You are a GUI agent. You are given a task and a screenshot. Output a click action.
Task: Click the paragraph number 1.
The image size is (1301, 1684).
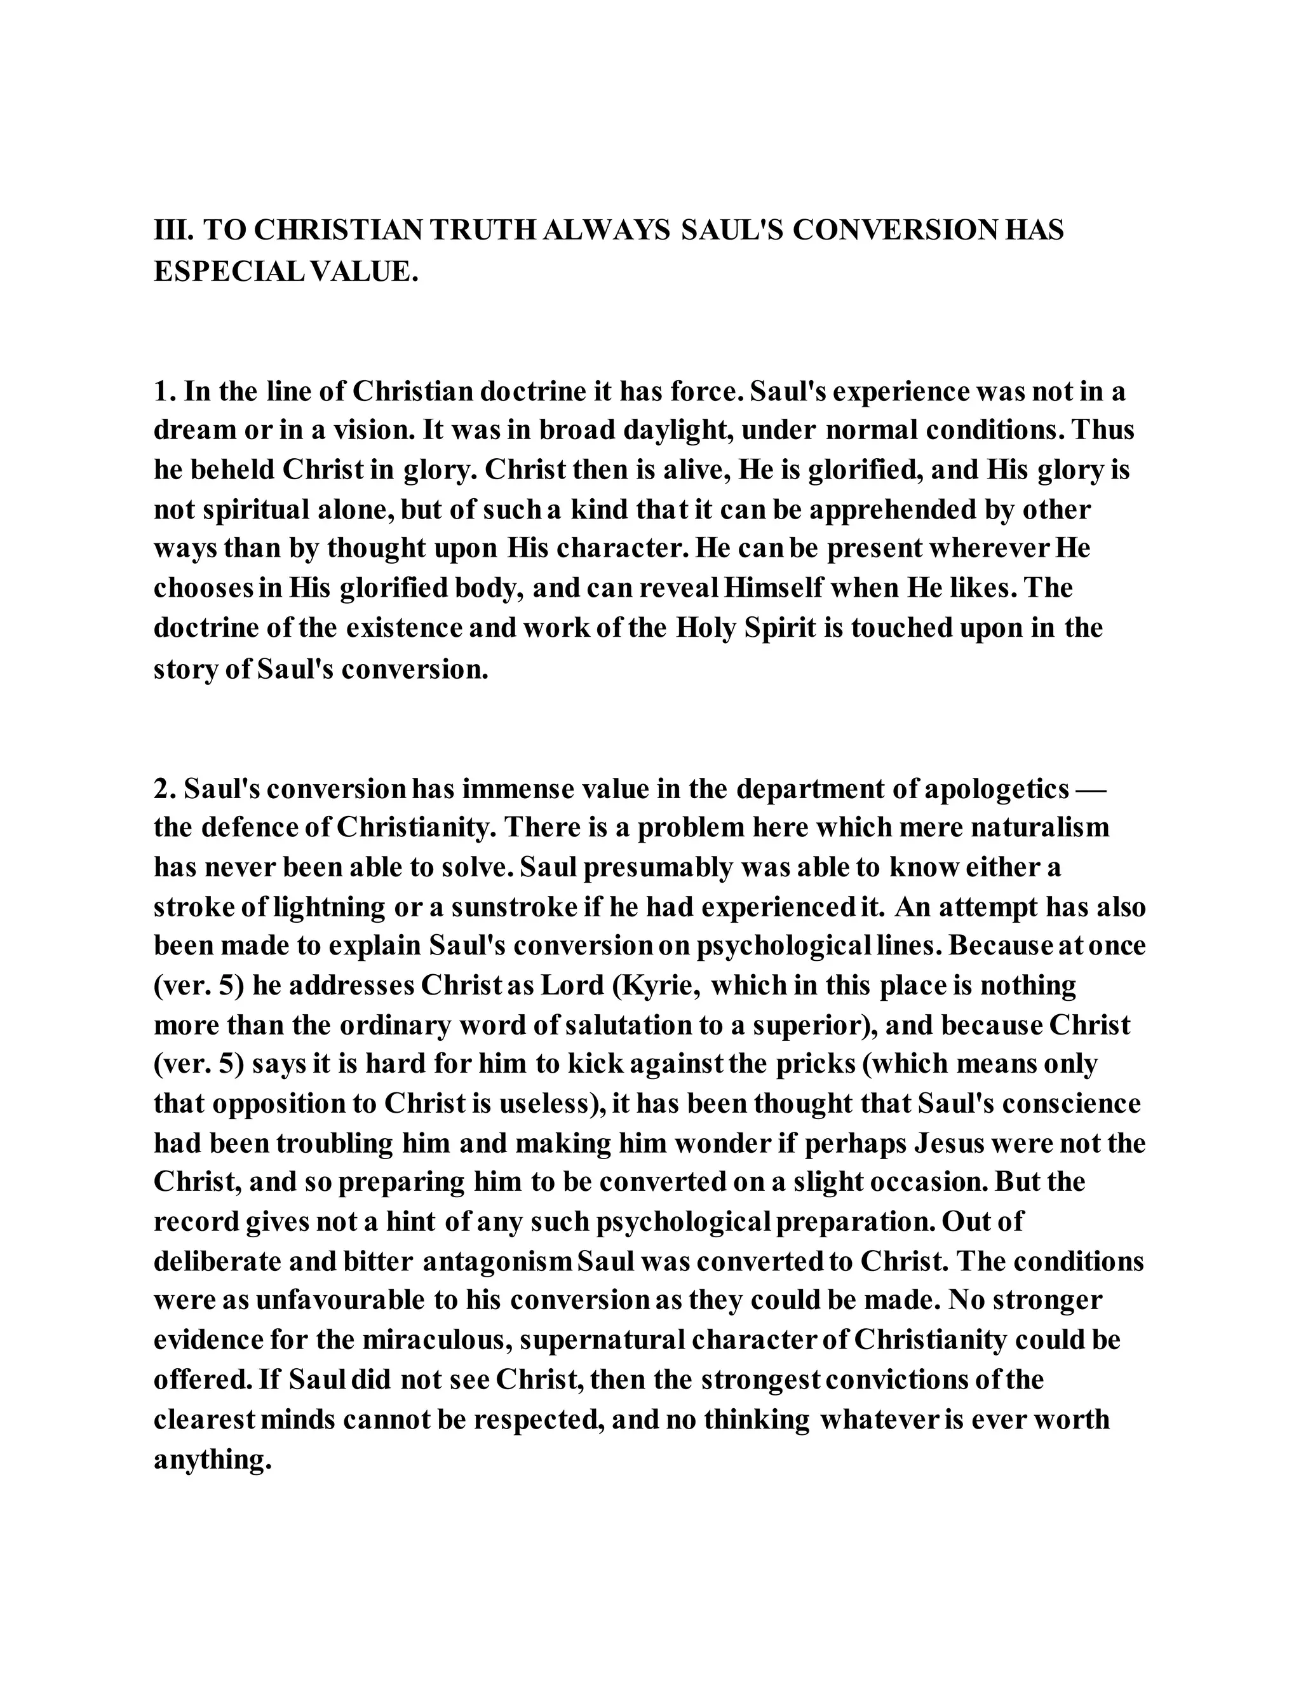point(164,391)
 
